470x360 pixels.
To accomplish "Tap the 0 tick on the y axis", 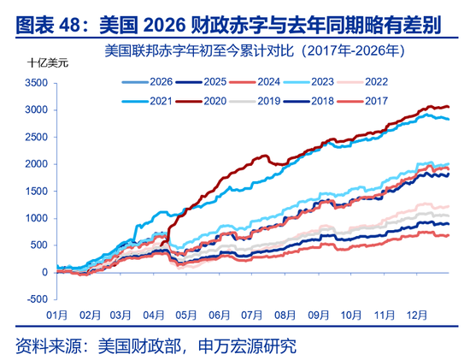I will (45, 273).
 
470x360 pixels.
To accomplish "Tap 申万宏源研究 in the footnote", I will (248, 345).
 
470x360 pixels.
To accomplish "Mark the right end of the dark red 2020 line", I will (449, 107).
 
